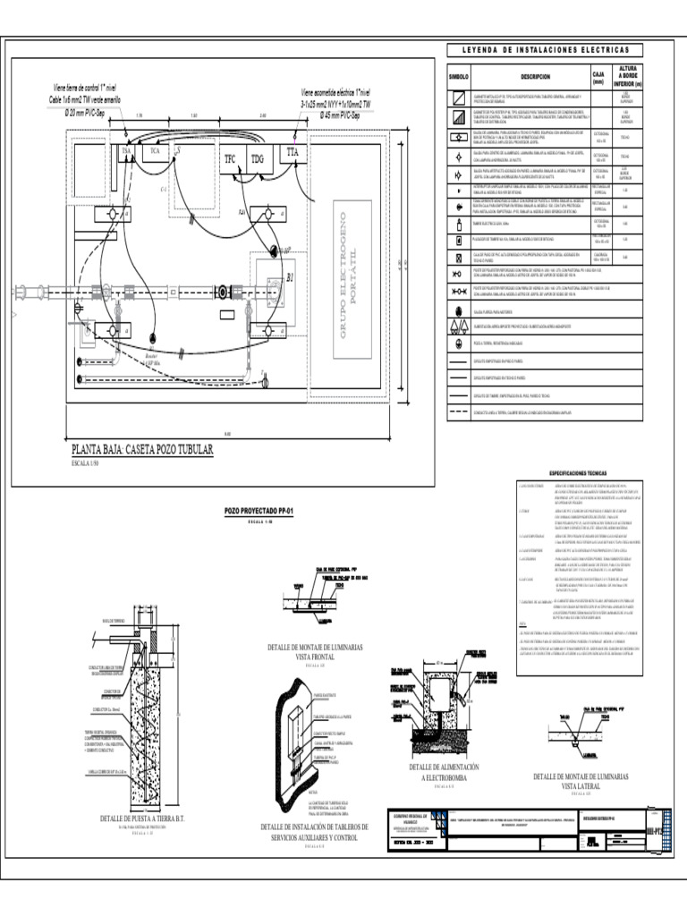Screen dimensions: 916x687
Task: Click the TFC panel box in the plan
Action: pos(230,159)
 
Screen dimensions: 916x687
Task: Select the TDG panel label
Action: pos(259,159)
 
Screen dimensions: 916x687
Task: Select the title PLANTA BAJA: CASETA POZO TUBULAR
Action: pos(143,449)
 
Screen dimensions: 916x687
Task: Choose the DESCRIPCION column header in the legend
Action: pos(529,78)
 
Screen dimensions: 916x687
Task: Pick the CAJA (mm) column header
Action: pos(598,77)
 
